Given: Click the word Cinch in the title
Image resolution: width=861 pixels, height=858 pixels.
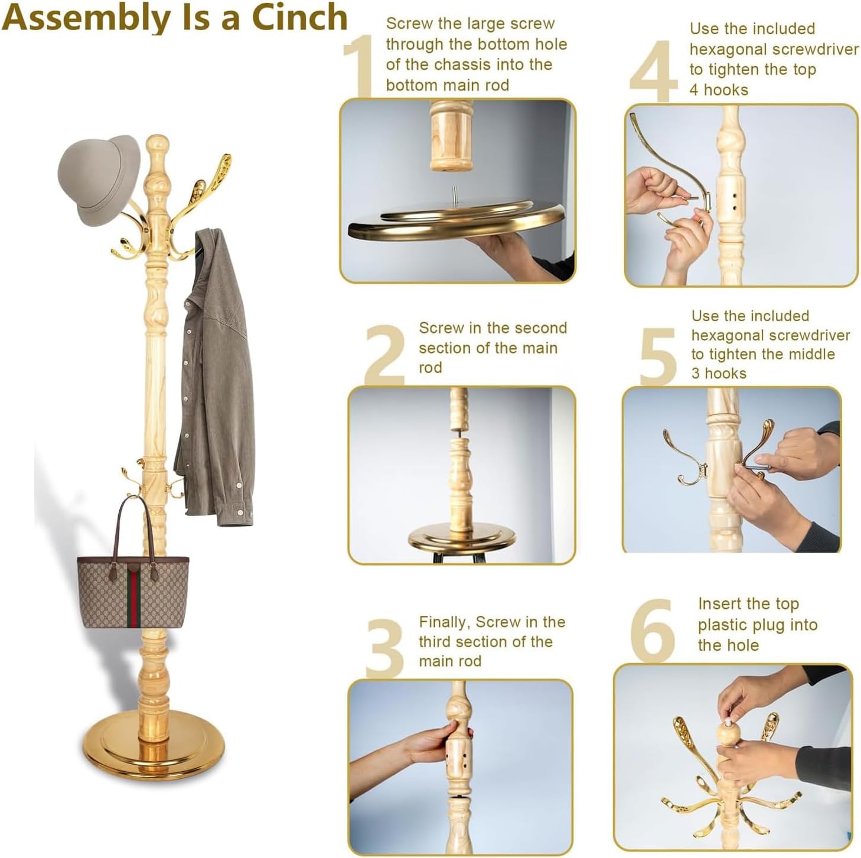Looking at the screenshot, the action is [299, 18].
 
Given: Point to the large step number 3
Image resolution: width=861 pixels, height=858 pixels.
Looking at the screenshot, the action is [385, 648].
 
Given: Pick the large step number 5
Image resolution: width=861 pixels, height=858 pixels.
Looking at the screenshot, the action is [657, 356].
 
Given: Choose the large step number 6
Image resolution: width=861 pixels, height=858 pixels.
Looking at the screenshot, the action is [653, 630].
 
